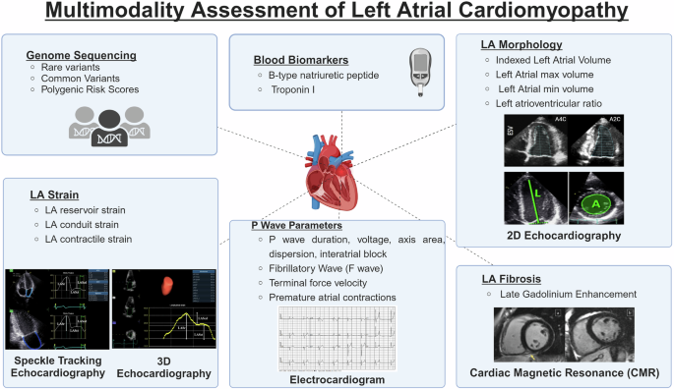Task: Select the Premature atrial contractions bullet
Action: pyautogui.click(x=334, y=297)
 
